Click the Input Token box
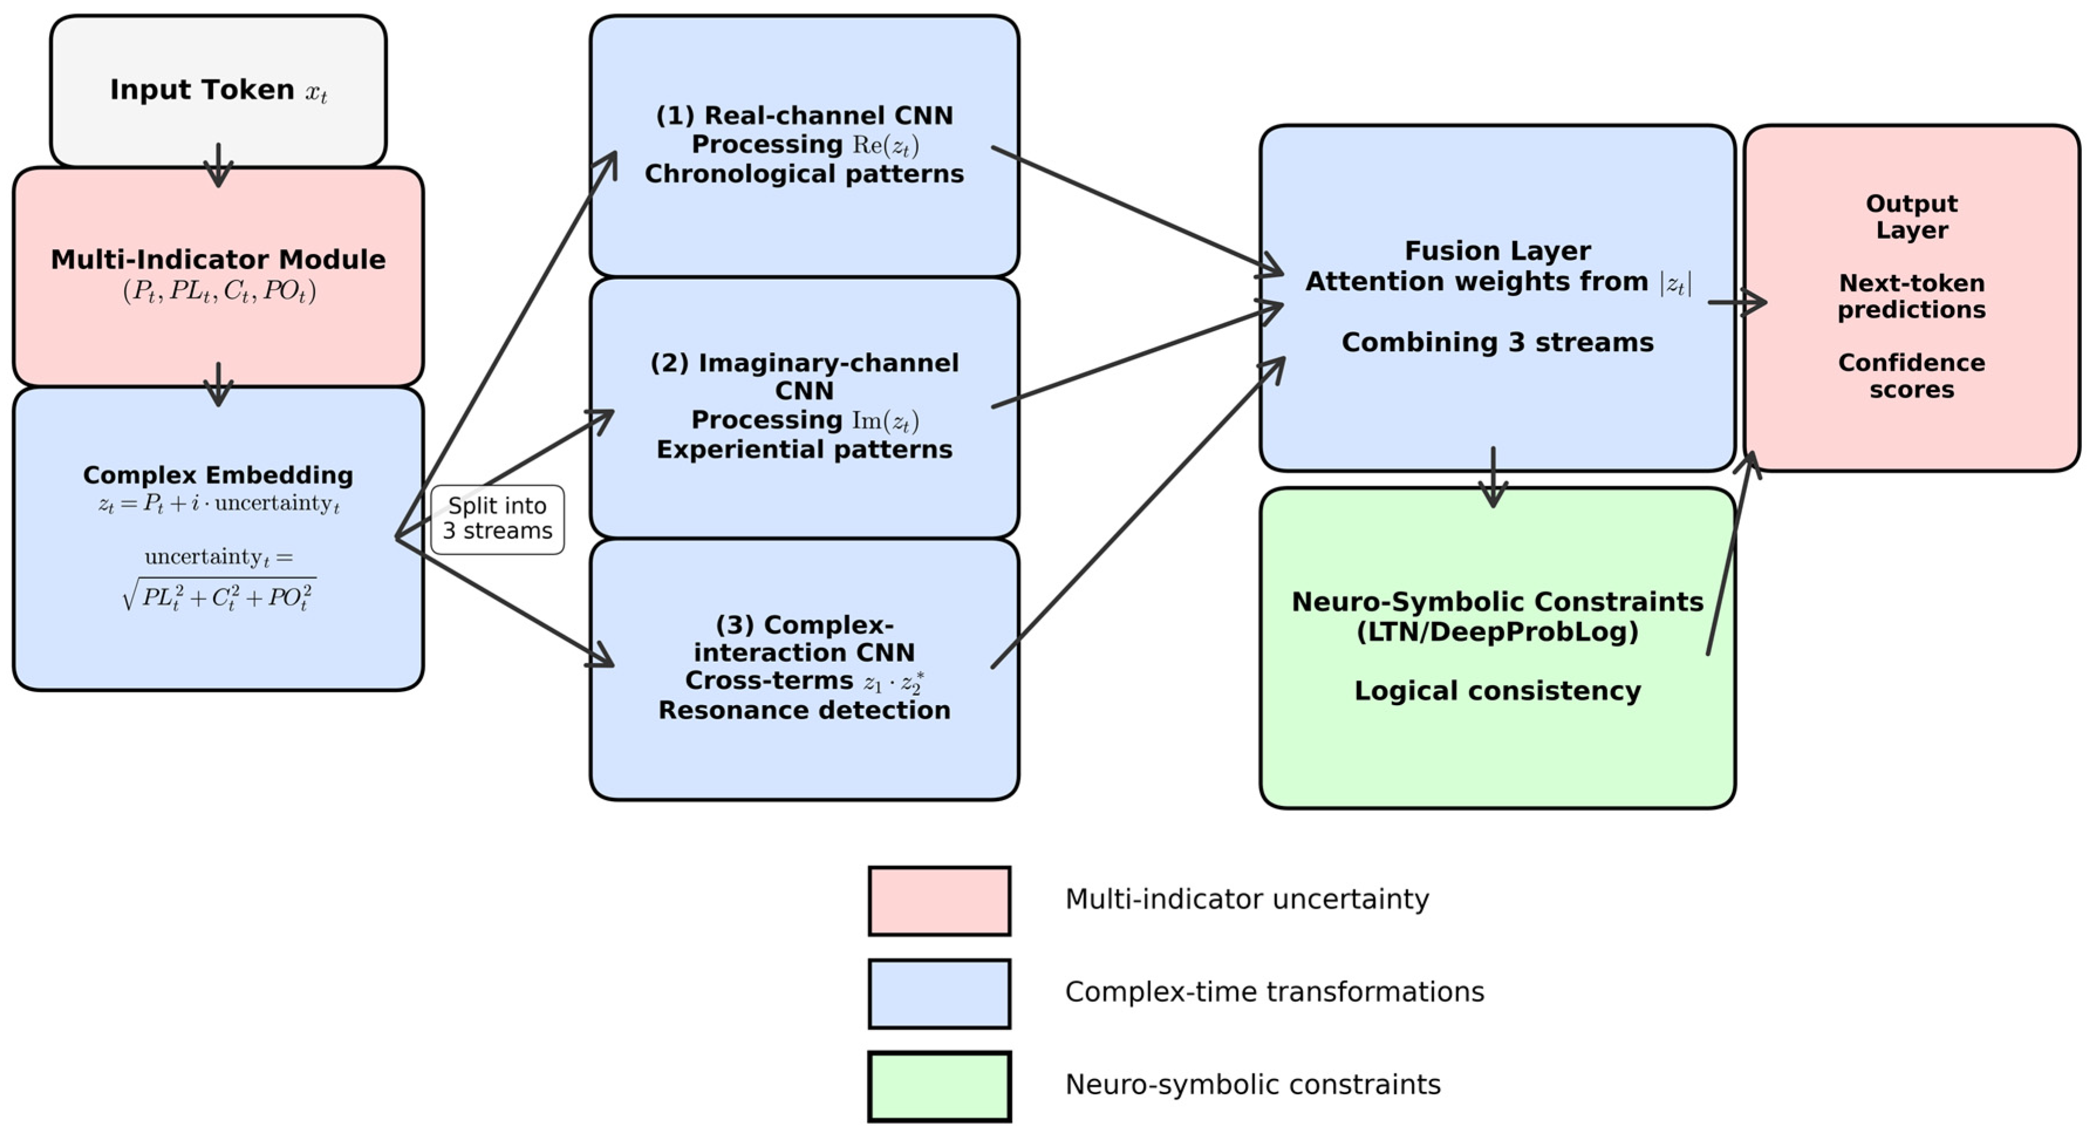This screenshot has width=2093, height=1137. point(218,90)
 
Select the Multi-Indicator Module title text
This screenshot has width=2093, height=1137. point(218,260)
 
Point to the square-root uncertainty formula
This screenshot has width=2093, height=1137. point(218,595)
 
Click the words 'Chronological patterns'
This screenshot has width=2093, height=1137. point(803,174)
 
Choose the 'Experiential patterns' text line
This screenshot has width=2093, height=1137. point(803,449)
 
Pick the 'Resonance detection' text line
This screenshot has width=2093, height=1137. point(803,710)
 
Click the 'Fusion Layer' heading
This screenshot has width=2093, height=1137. point(1497,251)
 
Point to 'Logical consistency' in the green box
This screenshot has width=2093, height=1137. point(1497,691)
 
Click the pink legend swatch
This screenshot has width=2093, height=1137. point(939,901)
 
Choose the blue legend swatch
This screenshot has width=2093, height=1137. point(939,993)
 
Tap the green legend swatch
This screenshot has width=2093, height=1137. point(939,1086)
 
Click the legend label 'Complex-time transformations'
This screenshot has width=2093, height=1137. point(1274,992)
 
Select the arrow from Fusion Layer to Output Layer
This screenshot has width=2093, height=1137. point(1736,302)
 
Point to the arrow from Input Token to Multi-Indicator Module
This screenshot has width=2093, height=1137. point(218,165)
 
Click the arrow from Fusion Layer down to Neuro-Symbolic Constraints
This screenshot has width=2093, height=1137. point(1493,478)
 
